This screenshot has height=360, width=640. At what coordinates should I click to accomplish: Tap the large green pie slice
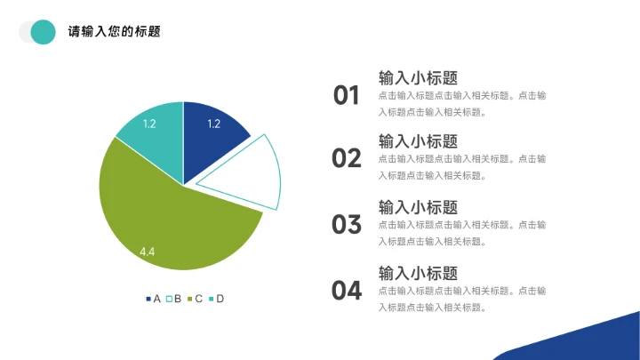pos(169,222)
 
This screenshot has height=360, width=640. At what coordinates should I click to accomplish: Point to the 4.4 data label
pos(148,252)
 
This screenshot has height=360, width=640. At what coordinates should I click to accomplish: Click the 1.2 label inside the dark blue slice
pos(213,124)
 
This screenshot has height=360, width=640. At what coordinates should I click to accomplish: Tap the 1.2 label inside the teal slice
pos(149,124)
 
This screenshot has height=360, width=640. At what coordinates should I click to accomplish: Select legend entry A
pos(153,299)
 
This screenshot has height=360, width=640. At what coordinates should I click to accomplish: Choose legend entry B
pos(174,299)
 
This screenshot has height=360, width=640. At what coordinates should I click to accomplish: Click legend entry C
pos(196,299)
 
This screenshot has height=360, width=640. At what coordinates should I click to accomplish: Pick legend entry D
pos(217,299)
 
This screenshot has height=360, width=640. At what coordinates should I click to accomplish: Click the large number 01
pos(347,95)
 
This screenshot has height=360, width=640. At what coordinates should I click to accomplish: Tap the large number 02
pos(347,158)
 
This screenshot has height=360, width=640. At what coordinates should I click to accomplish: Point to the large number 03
pos(347,224)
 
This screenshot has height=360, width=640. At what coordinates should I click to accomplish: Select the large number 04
pos(347,290)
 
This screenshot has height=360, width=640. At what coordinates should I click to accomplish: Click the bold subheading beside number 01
pos(418,77)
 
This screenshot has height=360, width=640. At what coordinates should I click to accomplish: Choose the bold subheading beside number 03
pos(418,207)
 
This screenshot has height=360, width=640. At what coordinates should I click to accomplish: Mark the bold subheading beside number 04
pos(418,273)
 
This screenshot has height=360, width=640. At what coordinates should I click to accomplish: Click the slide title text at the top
pos(114,32)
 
